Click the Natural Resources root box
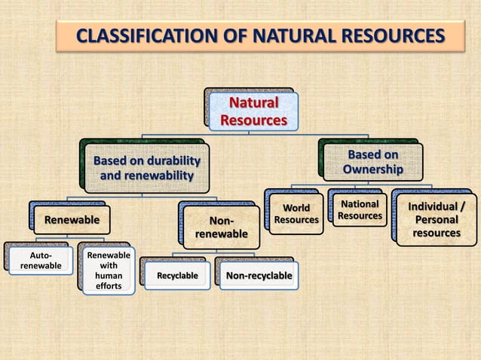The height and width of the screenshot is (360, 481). coord(253,111)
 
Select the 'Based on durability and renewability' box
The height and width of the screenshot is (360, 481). coord(146,169)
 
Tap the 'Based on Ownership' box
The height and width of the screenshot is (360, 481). coord(372,162)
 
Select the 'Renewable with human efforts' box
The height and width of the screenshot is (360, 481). coord(109,270)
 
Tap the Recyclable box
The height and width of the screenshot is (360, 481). coord(177,276)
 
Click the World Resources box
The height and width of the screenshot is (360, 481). coord(296,213)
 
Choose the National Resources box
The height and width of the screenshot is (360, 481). coord(360,210)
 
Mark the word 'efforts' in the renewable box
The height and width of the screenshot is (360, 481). coord(109,286)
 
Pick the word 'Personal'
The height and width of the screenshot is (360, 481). coord(437,220)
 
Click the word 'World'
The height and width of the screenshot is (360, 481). coord(296,207)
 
